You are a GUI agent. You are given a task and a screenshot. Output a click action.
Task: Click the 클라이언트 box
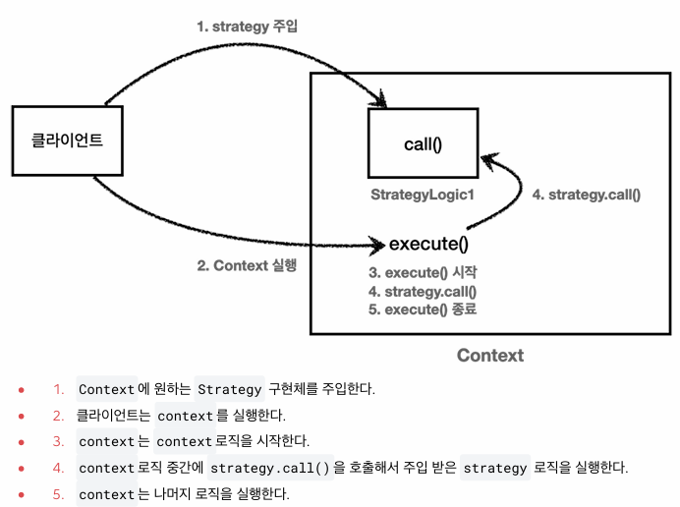pos(67,141)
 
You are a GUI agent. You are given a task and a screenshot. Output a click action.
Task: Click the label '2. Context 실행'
pos(247,265)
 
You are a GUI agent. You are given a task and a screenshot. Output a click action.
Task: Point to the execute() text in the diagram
pos(428,244)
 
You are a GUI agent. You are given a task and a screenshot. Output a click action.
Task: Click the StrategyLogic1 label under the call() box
pos(423,195)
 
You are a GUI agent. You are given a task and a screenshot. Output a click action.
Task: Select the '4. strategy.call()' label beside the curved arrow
pos(586,195)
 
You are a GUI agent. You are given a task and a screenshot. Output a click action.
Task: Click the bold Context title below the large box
pos(490,356)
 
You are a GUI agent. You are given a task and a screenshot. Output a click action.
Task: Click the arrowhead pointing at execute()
pos(377,243)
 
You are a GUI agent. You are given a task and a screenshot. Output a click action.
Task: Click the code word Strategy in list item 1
pos(230,389)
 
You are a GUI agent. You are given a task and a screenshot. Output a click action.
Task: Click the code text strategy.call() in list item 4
pos(272,468)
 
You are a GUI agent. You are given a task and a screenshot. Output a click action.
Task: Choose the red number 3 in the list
pos(58,442)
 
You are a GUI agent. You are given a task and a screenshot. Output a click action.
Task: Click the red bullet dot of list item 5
pos(21,495)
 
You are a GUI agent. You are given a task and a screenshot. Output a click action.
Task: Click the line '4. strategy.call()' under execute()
pos(423,291)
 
